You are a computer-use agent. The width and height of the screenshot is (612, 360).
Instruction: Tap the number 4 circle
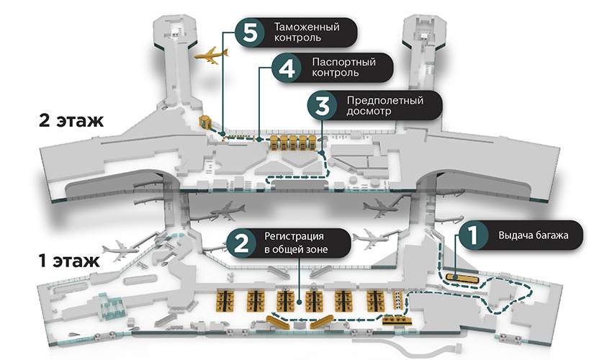tap(285, 68)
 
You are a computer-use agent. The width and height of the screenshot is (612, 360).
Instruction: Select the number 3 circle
tap(321, 105)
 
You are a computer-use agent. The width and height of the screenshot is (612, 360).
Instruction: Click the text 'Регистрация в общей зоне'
tap(299, 243)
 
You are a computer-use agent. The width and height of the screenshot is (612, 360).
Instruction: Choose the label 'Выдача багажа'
tap(534, 235)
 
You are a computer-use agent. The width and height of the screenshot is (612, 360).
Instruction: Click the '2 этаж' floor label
tap(71, 120)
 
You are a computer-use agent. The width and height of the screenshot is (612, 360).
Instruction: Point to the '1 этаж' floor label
tap(65, 258)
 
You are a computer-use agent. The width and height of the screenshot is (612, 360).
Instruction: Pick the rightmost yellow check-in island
tap(375, 300)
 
